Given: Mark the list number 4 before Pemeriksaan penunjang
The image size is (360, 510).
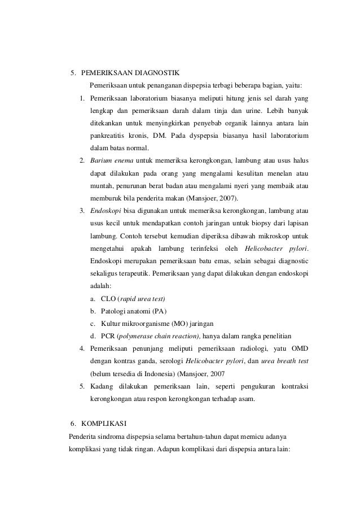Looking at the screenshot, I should (x=82, y=348).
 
